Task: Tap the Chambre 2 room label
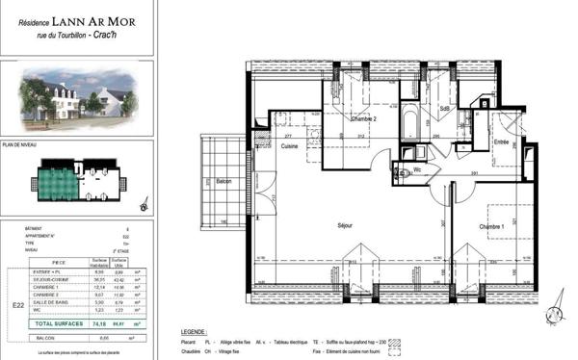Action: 362,118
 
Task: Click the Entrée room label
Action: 501,141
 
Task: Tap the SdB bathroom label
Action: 445,109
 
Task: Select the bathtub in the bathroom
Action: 408,122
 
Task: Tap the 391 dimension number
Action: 474,173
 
